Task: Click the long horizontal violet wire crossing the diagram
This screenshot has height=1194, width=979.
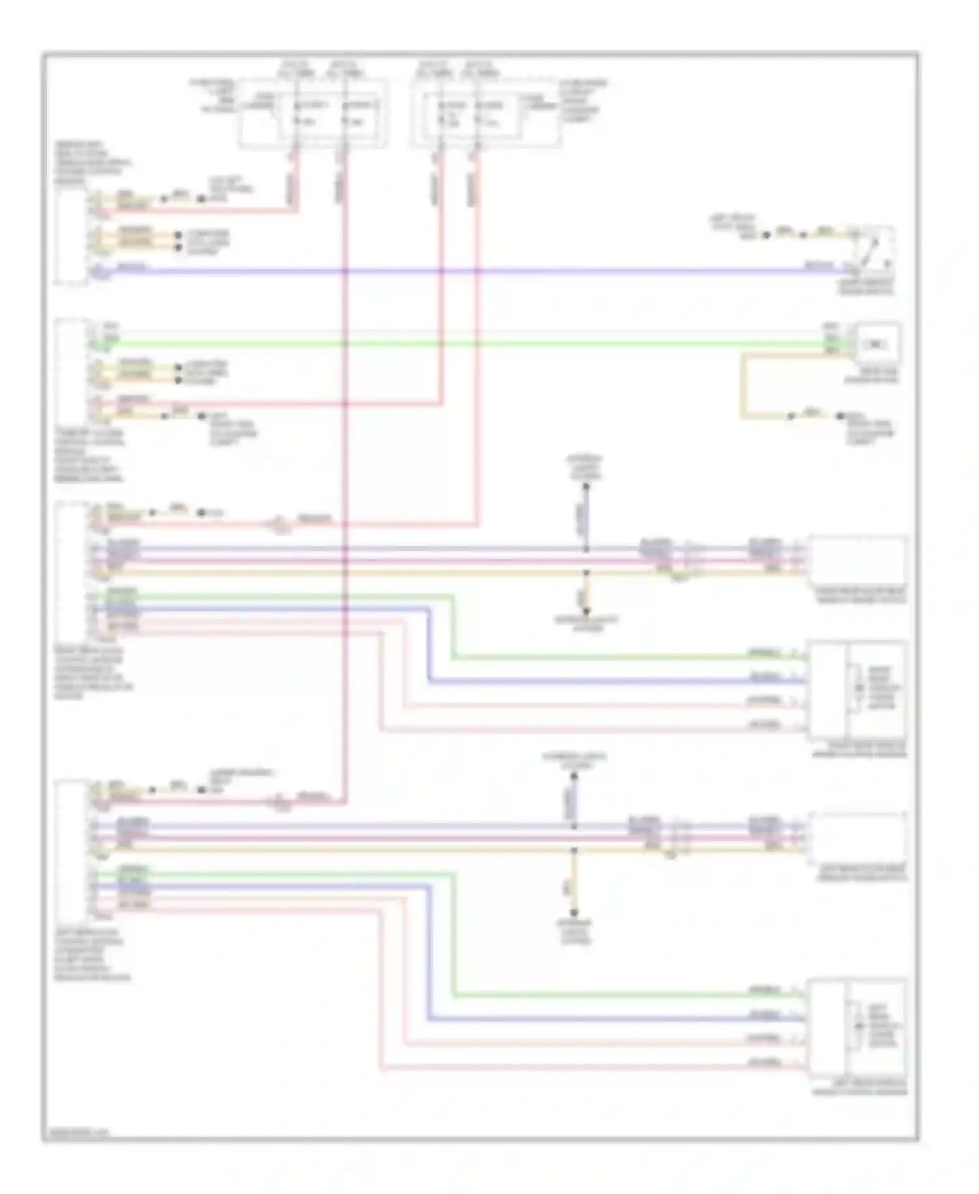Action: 522,270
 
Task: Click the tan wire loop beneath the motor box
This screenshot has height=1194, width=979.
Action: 744,392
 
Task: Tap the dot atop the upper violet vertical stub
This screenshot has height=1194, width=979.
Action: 585,487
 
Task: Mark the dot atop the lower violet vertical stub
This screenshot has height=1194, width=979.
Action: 574,777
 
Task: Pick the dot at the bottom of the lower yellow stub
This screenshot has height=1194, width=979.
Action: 574,912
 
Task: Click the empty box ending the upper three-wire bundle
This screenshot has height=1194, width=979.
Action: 857,560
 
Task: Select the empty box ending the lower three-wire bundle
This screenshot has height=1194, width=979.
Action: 857,838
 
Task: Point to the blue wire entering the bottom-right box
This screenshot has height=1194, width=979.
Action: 587,1018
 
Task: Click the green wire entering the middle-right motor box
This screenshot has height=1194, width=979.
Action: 620,657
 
